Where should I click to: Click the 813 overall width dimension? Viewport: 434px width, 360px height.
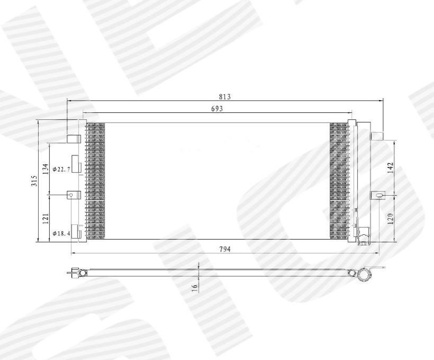pos(225,96)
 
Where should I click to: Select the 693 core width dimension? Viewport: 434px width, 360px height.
pos(217,109)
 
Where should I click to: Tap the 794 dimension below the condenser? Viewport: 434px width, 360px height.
pos(225,249)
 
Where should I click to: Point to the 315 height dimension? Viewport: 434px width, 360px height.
pos(34,181)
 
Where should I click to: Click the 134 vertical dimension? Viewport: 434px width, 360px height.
pos(46,169)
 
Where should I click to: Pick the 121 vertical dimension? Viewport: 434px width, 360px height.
pos(46,218)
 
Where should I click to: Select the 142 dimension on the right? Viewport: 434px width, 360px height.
pos(390,168)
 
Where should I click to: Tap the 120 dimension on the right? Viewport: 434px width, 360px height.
pos(390,219)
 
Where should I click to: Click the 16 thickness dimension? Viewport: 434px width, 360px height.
pos(196,287)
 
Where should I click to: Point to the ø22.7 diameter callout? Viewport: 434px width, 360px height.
pos(61,169)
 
